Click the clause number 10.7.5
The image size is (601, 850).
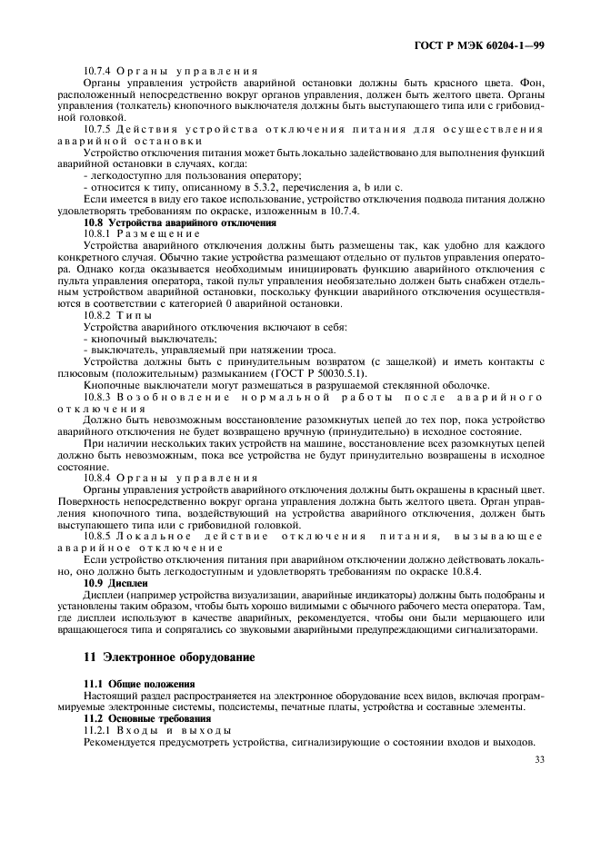click(99, 129)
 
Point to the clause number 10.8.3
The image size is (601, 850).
click(99, 397)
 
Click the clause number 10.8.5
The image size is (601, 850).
click(99, 535)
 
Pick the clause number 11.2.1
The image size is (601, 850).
click(99, 729)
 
